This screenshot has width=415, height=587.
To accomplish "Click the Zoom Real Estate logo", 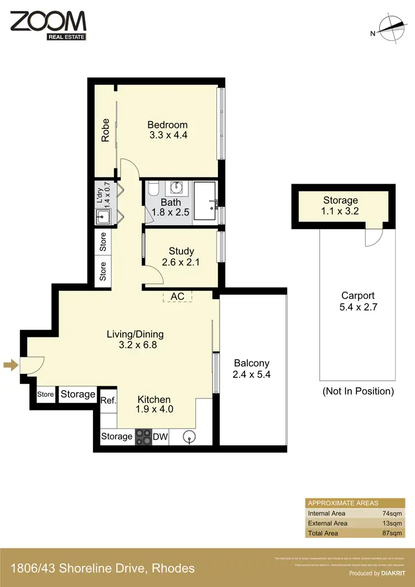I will point(48,24).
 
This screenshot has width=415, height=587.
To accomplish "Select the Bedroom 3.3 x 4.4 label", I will point(169,129).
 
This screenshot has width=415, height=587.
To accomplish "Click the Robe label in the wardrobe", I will point(105,131).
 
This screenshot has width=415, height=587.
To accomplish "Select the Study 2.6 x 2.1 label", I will point(181,257).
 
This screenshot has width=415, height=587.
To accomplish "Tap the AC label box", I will point(177,297).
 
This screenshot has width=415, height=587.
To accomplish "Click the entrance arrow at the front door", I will point(10,365).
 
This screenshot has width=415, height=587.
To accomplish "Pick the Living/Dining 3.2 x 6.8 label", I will point(135,340).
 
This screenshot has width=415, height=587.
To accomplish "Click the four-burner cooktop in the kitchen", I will point(143,437).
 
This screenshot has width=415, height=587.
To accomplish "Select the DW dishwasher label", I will point(160,437).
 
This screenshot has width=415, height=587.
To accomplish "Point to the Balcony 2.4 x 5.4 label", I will point(251,368).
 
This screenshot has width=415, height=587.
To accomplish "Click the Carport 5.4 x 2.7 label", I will point(358,301).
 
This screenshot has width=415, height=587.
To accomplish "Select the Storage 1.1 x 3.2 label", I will point(340,205).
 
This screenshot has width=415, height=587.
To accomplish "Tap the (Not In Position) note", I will point(358,391).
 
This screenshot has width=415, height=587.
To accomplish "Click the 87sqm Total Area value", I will point(392,533).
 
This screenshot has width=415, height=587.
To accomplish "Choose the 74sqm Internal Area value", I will point(392,513).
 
